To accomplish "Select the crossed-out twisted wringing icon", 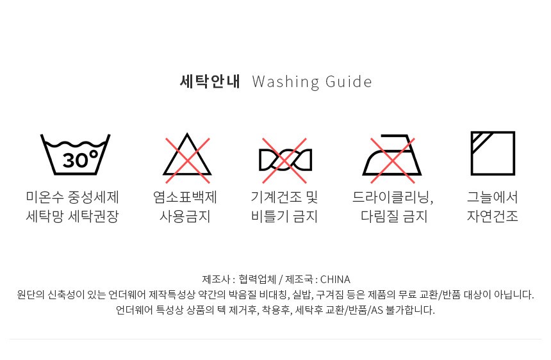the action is (x=285, y=160).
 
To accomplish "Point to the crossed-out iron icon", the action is (x=392, y=159).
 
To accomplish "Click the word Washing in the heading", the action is (x=285, y=82).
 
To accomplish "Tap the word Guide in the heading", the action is (x=349, y=82).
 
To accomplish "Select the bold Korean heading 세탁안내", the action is (x=210, y=81).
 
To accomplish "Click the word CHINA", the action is (x=335, y=279).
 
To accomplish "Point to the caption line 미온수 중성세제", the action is (x=72, y=197).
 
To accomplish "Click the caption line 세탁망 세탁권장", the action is (x=72, y=216).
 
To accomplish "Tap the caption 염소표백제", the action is (x=185, y=197).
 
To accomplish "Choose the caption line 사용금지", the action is (x=185, y=216).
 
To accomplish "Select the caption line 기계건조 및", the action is (x=284, y=197).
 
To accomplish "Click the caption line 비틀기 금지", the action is (x=284, y=216).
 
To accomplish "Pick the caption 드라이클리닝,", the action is (x=393, y=197).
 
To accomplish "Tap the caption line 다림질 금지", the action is (x=394, y=216).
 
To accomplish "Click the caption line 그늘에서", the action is (x=493, y=197).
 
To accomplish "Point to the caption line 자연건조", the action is (x=493, y=216).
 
